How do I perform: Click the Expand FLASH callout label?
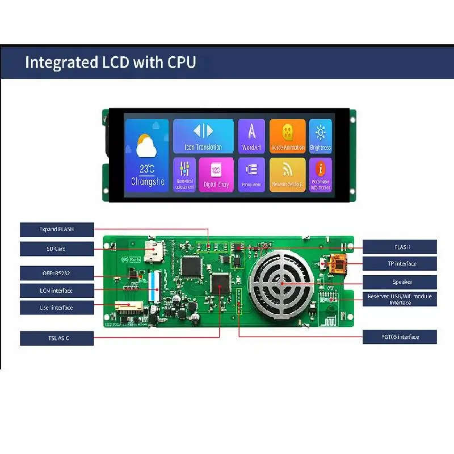56,230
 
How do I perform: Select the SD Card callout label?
56,249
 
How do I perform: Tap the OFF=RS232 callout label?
56,273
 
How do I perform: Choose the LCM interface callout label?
56,291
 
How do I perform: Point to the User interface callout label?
56,308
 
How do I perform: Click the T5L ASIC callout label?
56,338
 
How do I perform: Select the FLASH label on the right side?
400,247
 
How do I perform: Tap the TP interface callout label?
400,263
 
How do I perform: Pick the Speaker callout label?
400,281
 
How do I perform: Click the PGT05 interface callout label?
400,337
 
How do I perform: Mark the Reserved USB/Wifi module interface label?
400,299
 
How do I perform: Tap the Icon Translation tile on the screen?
203,136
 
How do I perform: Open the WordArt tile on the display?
251,136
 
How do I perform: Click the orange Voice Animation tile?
288,136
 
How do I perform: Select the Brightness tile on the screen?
321,136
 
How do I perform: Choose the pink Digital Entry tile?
216,174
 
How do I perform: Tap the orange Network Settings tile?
288,174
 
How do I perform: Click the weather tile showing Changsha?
146,155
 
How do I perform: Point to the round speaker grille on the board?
281,283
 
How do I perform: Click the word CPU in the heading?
182,62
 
